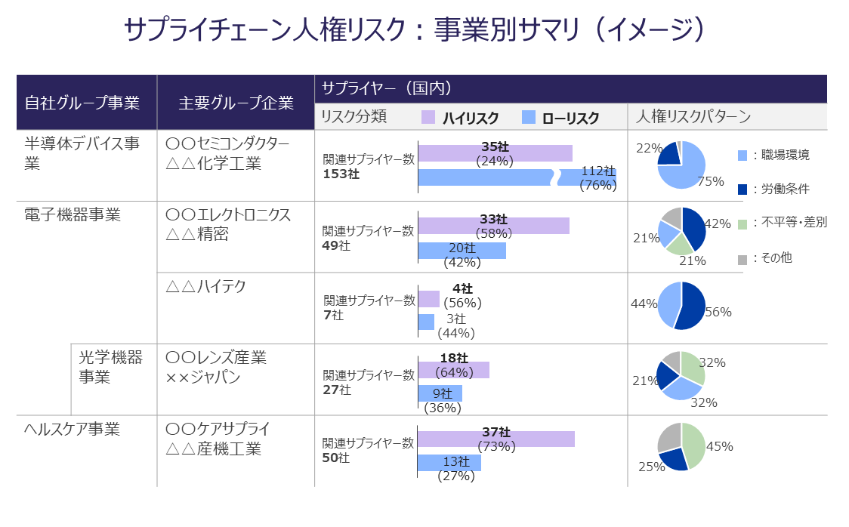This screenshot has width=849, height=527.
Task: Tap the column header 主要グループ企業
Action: tap(236, 103)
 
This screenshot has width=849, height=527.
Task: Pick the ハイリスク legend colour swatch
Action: tap(428, 117)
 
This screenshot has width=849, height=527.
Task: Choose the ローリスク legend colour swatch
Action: tap(529, 117)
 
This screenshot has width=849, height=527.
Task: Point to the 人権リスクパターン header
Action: tap(693, 116)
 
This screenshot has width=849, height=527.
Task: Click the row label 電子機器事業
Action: tap(73, 215)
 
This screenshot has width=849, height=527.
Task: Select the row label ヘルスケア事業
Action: tap(73, 430)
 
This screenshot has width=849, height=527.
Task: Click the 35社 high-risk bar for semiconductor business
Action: tap(495, 153)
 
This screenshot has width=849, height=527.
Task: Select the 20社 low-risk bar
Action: tap(462, 251)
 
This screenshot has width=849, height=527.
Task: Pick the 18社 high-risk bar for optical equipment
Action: tap(453, 370)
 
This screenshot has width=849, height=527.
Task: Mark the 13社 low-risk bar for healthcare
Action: tap(449, 463)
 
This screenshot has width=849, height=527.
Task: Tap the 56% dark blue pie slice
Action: tap(693, 306)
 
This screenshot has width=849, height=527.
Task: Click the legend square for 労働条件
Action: tap(742, 189)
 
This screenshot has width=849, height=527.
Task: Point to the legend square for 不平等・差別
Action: tap(742, 223)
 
